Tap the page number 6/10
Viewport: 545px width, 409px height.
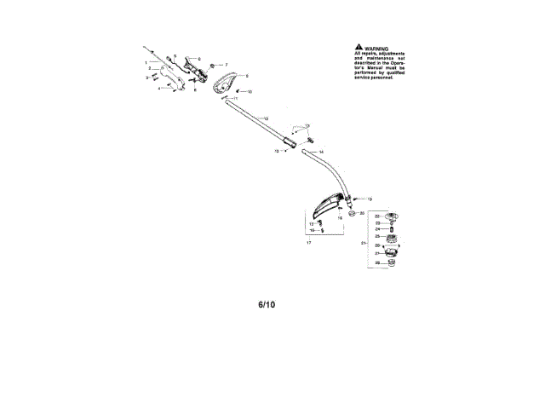click(267, 303)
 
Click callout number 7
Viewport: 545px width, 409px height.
click(227, 65)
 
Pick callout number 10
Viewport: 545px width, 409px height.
click(250, 91)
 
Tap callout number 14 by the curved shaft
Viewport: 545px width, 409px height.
click(320, 153)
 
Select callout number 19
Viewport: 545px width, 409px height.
click(358, 199)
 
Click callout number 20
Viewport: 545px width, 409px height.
click(363, 212)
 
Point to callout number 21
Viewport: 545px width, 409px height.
click(364, 243)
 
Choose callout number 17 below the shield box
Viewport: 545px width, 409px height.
click(309, 242)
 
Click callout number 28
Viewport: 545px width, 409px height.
click(377, 263)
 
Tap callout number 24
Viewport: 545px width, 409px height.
click(377, 229)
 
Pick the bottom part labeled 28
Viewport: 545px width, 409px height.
click(392, 263)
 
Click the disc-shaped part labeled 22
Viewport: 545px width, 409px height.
click(393, 216)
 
